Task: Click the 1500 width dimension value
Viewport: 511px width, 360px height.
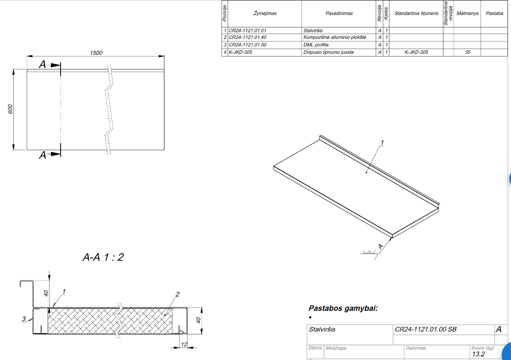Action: pos(96,53)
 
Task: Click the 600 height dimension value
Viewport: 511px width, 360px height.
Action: pos(10,109)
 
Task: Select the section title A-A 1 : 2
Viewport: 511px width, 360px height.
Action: pos(103,257)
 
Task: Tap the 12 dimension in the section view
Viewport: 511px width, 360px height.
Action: pos(184,344)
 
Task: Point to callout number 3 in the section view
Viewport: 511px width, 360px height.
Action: pos(24,318)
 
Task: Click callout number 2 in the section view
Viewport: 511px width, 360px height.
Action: pos(177,295)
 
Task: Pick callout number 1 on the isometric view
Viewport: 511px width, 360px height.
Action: pos(382,143)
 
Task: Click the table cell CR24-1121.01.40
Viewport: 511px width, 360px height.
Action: pos(248,38)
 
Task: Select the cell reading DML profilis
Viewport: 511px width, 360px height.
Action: pos(316,45)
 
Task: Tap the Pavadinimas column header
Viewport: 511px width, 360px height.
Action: pos(339,13)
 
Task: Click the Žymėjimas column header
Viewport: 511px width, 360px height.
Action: pos(265,13)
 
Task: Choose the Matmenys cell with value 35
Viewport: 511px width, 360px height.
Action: pos(468,52)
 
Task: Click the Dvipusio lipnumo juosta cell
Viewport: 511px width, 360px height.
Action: pos(328,52)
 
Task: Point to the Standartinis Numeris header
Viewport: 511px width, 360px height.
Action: pos(416,13)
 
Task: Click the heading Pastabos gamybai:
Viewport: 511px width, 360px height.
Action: pos(343,308)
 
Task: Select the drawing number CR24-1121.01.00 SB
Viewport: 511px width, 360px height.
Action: pos(426,330)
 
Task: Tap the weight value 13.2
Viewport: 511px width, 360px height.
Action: pos(478,354)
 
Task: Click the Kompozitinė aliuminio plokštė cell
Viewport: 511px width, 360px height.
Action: pos(335,38)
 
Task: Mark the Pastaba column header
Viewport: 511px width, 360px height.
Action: pos(494,13)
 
